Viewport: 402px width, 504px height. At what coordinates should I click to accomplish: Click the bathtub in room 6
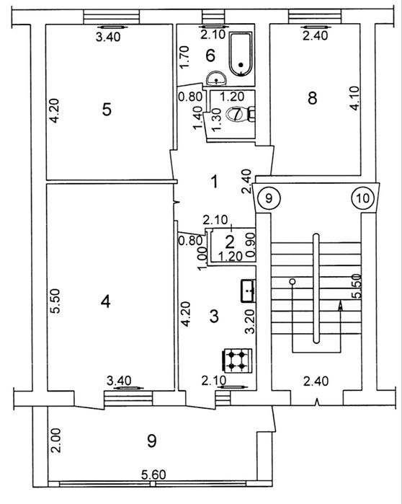click(241, 54)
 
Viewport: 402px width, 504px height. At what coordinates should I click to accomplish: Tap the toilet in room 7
click(240, 114)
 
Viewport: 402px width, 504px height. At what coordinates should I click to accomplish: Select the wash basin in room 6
click(216, 79)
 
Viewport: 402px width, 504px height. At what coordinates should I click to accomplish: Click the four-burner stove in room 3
click(237, 361)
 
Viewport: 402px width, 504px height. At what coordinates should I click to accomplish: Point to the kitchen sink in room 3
click(249, 291)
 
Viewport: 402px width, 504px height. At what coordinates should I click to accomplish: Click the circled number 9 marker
click(269, 198)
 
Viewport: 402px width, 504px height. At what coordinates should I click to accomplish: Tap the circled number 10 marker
click(363, 198)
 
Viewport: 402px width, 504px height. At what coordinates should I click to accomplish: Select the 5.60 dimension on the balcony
click(154, 474)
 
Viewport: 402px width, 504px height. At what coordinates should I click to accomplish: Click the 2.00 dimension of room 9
click(56, 441)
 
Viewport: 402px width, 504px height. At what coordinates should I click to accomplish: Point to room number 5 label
click(107, 110)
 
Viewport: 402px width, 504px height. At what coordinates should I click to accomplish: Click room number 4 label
click(106, 301)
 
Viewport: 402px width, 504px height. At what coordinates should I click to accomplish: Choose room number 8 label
click(313, 98)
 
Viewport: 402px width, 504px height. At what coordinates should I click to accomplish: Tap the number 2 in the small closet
click(230, 242)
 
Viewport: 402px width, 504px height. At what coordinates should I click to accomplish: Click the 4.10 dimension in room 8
click(354, 98)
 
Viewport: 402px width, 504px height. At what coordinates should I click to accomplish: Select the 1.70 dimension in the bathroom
click(184, 58)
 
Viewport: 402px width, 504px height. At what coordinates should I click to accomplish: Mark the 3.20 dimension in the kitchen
click(250, 321)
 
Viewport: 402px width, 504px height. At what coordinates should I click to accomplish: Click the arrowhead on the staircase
click(340, 306)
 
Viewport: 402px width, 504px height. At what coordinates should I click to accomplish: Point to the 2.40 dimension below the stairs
click(316, 381)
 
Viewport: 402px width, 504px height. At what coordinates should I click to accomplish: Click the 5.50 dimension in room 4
click(55, 301)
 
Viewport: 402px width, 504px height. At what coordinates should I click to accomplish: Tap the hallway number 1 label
click(215, 182)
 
